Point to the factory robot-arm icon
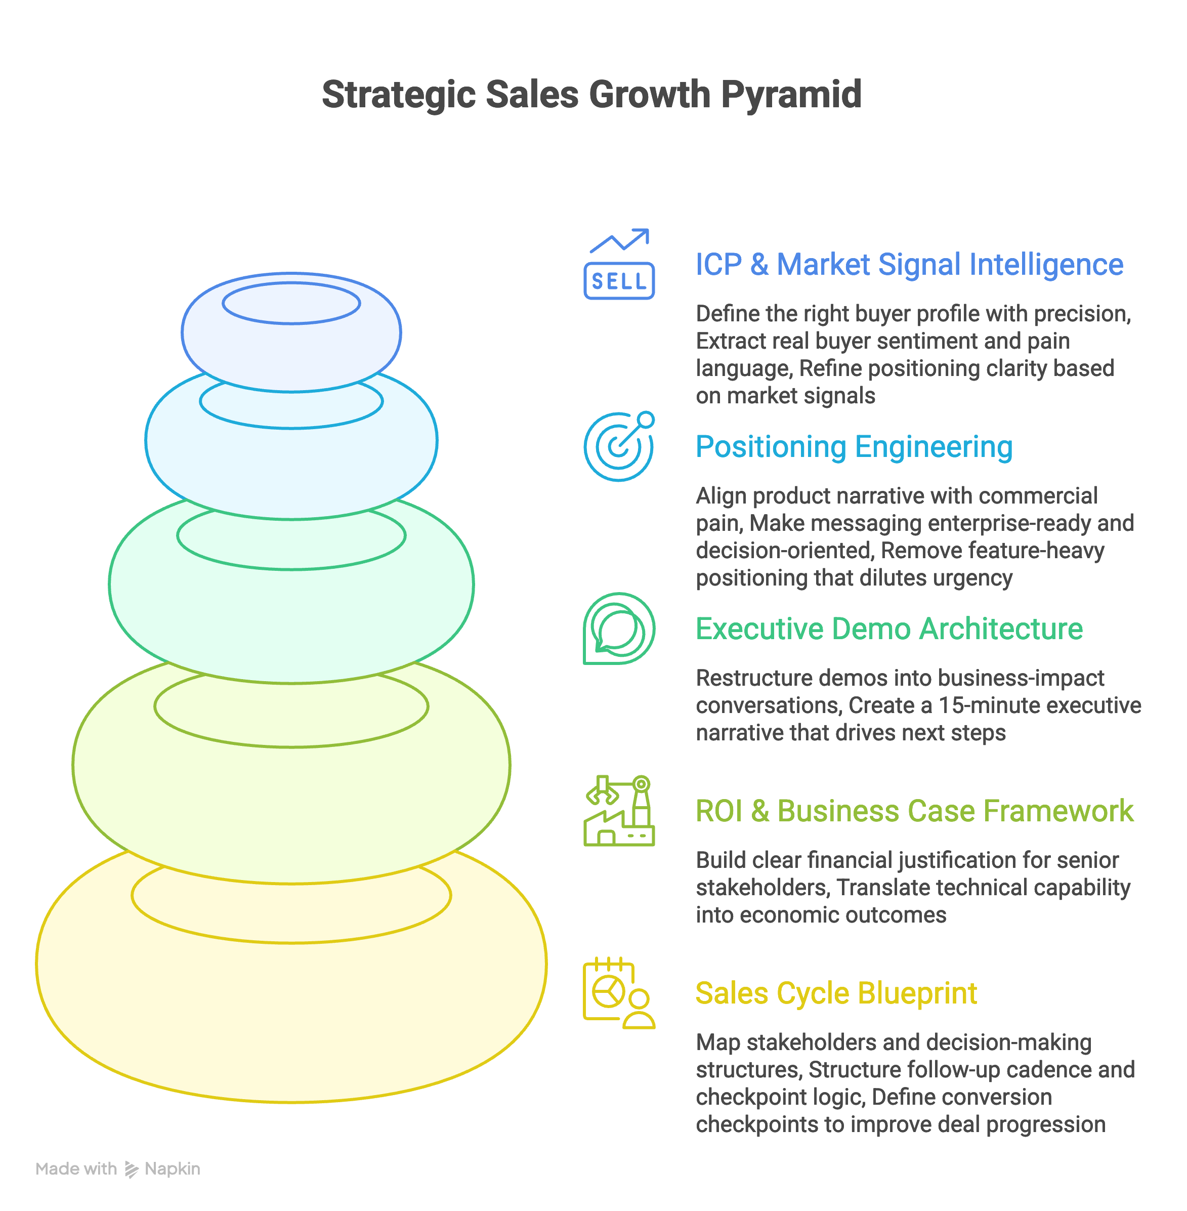tap(618, 811)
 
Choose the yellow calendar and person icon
tap(618, 993)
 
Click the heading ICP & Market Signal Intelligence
tap(909, 264)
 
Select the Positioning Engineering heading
tap(854, 447)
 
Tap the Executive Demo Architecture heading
tap(889, 629)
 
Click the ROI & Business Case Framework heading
tap(914, 811)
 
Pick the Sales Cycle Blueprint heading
tap(836, 993)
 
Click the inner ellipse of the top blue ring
tap(291, 303)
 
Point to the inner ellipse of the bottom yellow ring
tap(291, 895)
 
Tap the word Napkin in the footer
tap(172, 1168)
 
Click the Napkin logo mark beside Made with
tap(131, 1169)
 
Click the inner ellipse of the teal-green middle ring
tap(291, 535)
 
